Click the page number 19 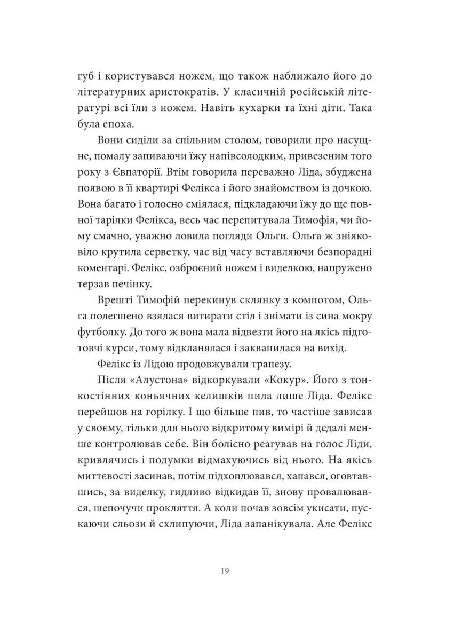click(x=225, y=571)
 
